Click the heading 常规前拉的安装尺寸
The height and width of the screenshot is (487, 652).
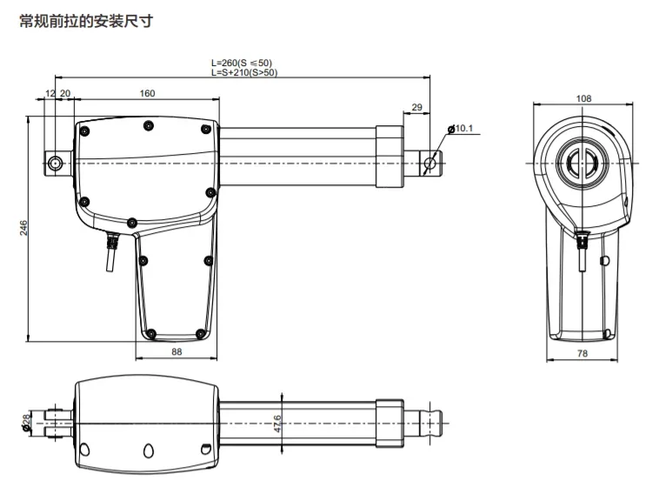coord(86,20)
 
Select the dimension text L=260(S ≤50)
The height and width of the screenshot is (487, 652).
coord(241,63)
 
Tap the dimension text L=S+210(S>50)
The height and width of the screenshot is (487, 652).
coord(244,73)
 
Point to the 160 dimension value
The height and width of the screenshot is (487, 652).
coord(147,93)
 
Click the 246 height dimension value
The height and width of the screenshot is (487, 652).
coord(24,228)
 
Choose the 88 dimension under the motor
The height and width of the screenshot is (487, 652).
coord(176,351)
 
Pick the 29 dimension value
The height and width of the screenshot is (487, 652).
coord(416,107)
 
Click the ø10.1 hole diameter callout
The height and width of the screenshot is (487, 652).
coord(462,129)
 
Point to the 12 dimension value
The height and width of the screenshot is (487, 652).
coord(50,93)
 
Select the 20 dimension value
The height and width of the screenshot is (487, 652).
coord(65,93)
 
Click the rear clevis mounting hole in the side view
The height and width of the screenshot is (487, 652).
coord(57,163)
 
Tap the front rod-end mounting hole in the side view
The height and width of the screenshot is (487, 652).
coord(429,163)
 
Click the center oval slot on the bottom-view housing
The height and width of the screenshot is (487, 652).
coord(147,450)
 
